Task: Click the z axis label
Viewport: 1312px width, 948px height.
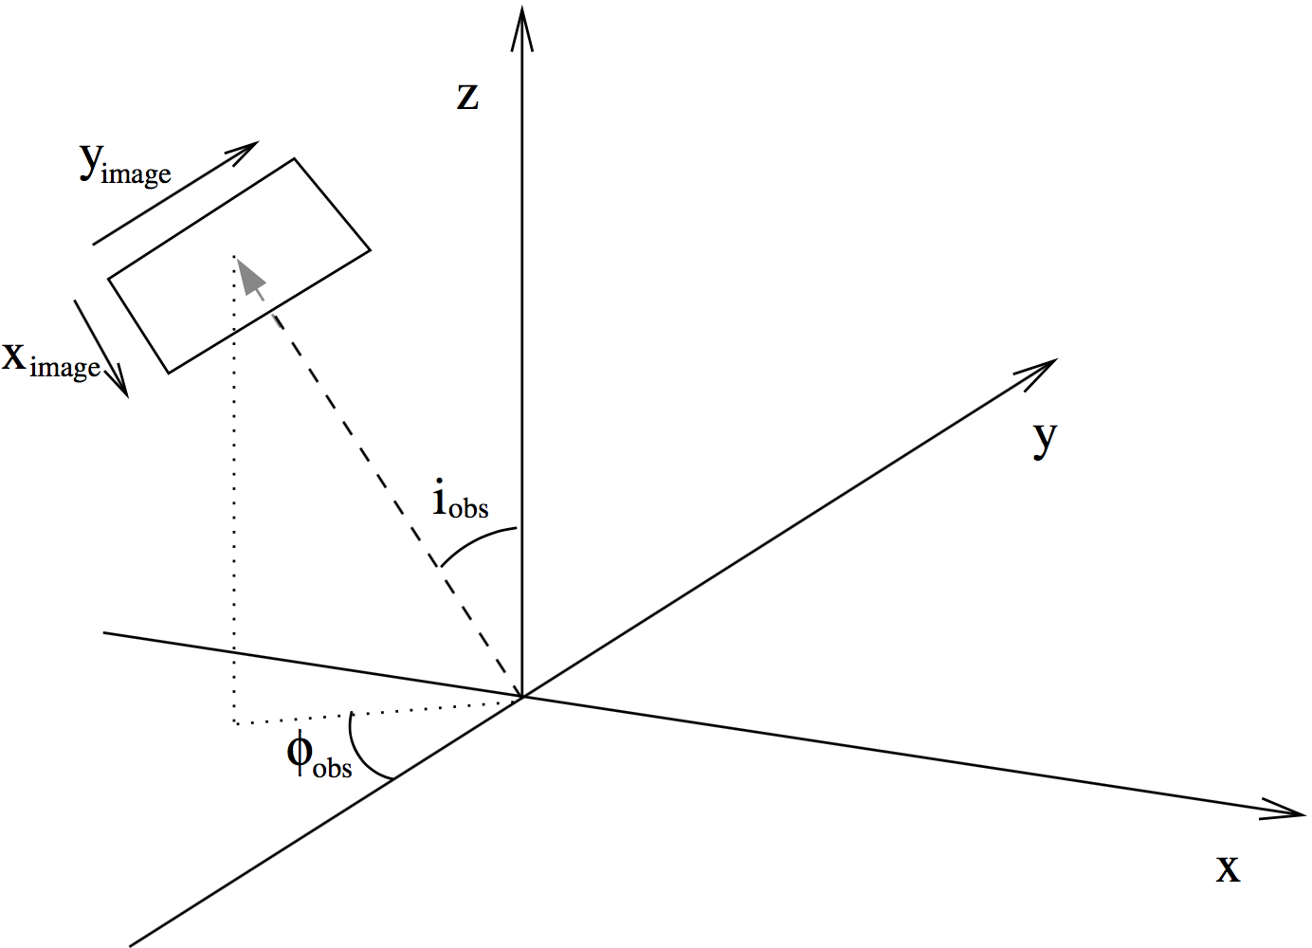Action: coord(467,97)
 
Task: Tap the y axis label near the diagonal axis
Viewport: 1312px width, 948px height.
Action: coord(1044,437)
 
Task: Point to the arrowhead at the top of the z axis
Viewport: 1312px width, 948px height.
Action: coord(521,24)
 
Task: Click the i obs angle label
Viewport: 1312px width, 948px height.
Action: coord(459,500)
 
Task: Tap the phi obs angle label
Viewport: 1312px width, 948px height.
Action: coord(319,757)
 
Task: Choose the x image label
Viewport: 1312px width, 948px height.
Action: coord(51,360)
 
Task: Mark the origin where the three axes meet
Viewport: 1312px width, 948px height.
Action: coord(521,697)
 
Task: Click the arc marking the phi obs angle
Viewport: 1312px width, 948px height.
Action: coord(360,754)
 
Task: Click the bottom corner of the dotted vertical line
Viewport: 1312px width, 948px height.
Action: coord(235,723)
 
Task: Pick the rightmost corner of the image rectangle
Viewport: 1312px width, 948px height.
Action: coord(370,250)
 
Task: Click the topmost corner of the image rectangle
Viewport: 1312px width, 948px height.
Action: coord(294,159)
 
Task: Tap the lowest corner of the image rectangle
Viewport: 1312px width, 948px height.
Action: coord(169,373)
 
